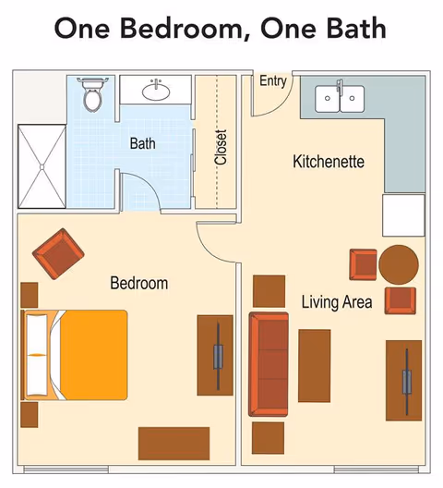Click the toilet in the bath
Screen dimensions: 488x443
tap(93, 94)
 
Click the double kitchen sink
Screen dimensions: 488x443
tap(340, 98)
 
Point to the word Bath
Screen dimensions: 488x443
tap(142, 143)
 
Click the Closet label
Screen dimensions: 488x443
tap(221, 147)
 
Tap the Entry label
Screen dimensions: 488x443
tap(273, 80)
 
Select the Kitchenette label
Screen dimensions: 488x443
tap(329, 162)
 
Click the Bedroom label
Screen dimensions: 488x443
tap(139, 283)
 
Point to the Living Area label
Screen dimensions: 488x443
tap(337, 301)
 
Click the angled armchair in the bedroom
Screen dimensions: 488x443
tap(56, 253)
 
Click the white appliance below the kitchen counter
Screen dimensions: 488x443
tap(403, 215)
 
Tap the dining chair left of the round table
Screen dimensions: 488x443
tap(363, 264)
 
